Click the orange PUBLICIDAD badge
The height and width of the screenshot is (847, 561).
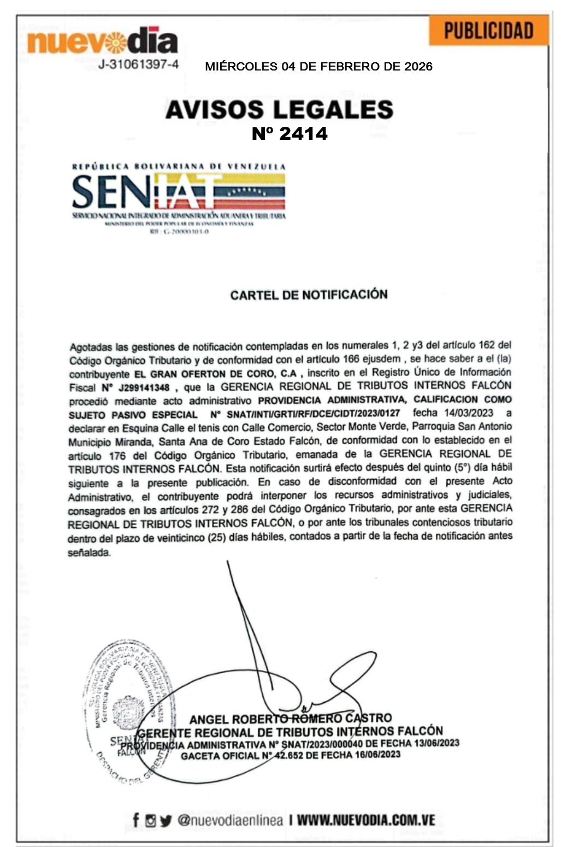click(x=488, y=31)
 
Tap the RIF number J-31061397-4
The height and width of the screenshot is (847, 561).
click(x=139, y=64)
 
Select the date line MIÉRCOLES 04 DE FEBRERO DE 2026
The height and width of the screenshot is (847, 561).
click(x=318, y=67)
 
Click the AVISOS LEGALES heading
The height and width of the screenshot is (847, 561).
click(x=279, y=109)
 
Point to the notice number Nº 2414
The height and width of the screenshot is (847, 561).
click(x=290, y=134)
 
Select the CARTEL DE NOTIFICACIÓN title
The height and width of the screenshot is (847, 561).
click(x=309, y=295)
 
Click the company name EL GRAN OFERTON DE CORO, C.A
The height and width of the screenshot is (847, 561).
click(x=215, y=374)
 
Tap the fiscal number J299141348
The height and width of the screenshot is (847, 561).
click(x=144, y=387)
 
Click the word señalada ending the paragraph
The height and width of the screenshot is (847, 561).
click(x=88, y=552)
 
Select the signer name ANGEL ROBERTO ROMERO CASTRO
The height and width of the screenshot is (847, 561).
click(x=291, y=719)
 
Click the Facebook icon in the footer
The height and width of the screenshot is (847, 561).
click(x=136, y=820)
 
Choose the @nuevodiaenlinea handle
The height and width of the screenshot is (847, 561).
click(x=230, y=820)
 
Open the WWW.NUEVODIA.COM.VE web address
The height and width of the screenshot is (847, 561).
click(x=366, y=820)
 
